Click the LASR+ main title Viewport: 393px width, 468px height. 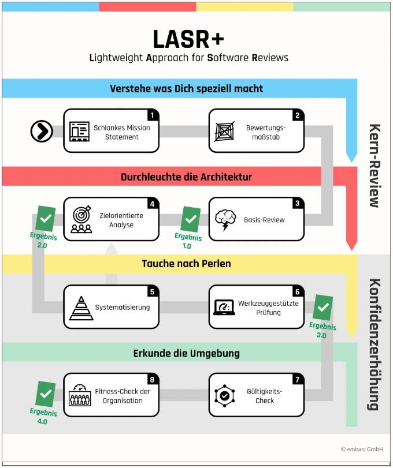tap(188, 39)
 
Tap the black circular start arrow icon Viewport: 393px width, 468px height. tap(42, 132)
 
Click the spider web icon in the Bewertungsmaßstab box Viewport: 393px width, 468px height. tap(225, 132)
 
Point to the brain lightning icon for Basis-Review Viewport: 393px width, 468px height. tap(225, 220)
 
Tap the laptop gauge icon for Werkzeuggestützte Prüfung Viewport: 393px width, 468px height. tap(224, 307)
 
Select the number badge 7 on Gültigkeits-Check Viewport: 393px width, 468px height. tap(296, 379)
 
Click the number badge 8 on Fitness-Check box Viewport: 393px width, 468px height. tap(151, 379)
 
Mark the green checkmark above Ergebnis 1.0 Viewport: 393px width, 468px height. tap(190, 219)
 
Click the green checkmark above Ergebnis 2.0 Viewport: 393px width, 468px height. tap(45, 219)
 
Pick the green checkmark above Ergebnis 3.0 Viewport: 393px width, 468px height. tap(323, 308)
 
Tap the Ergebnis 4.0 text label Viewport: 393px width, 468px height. tap(44, 417)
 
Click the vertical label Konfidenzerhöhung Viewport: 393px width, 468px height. tap(374, 344)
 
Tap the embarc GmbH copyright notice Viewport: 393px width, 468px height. tap(362, 448)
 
